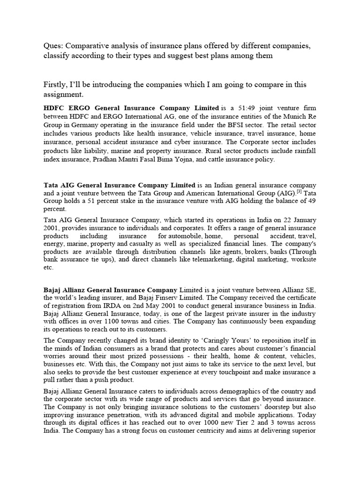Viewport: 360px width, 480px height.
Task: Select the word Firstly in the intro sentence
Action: coord(54,84)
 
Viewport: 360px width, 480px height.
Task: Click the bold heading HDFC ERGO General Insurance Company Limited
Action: coord(131,108)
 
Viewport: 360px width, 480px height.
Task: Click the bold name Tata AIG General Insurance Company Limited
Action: coord(120,185)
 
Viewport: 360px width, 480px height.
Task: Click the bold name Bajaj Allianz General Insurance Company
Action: coord(110,290)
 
